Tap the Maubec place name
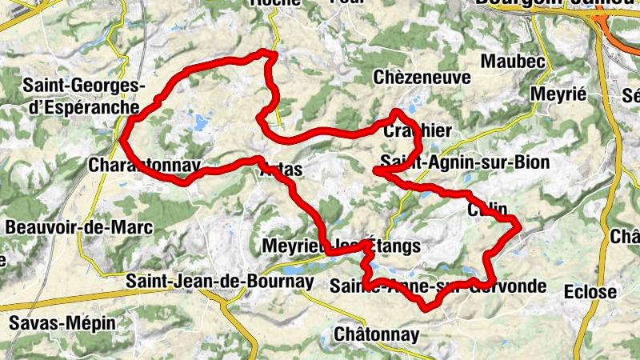(513, 61)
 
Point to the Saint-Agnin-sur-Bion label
(465, 162)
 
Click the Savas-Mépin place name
(62, 323)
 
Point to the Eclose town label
(590, 292)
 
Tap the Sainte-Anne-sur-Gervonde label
(438, 286)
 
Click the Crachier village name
(418, 130)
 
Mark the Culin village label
(487, 210)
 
